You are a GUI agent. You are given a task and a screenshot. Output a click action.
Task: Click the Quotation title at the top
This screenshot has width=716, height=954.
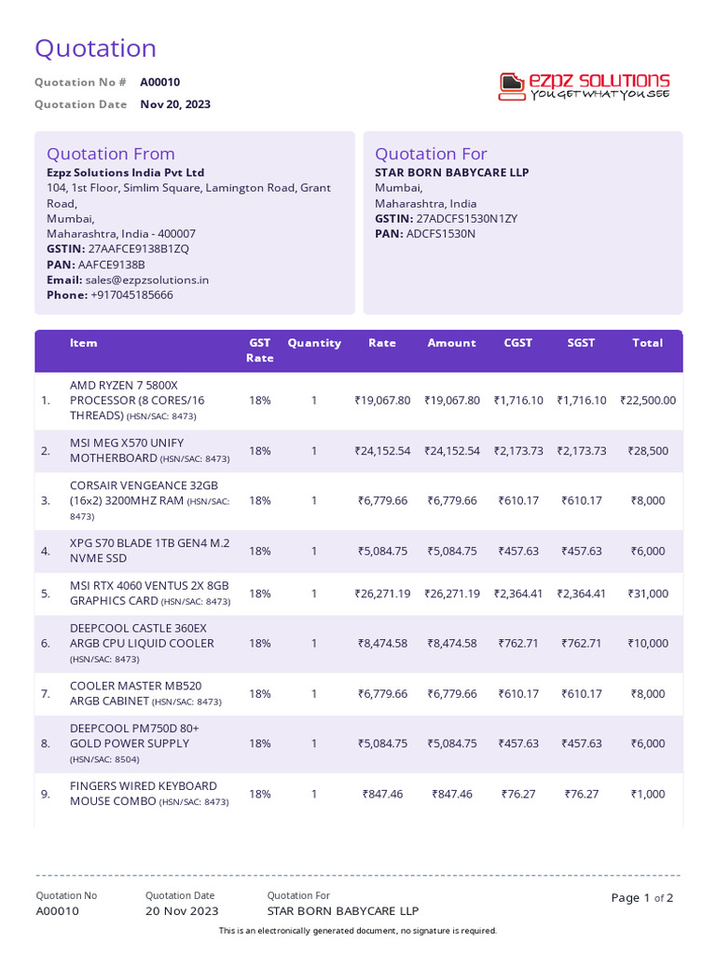pos(95,48)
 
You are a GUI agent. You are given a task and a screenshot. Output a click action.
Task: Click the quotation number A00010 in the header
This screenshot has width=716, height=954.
pos(160,82)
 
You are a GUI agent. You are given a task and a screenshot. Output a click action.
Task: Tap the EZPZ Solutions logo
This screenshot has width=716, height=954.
pos(585,86)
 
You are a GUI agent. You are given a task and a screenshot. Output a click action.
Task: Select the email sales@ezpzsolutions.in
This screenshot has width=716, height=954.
pos(146,279)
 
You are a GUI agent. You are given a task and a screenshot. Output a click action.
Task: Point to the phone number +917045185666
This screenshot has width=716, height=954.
pos(131,294)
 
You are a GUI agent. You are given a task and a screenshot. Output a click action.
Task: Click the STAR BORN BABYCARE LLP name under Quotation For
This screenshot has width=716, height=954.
pos(451,172)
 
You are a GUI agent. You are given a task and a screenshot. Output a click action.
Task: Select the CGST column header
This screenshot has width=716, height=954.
pos(518,343)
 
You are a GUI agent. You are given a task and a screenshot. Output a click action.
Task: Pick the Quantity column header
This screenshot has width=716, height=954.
pos(314,343)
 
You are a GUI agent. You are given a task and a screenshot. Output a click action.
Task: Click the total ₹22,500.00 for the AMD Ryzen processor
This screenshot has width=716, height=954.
pos(648,400)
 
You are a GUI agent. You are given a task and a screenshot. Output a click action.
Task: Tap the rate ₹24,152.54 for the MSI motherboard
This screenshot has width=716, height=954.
pos(382,450)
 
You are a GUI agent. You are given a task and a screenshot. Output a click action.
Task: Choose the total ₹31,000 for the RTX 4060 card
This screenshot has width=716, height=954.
pos(647,593)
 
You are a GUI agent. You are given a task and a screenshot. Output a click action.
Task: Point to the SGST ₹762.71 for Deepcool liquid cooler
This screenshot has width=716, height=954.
pos(581,643)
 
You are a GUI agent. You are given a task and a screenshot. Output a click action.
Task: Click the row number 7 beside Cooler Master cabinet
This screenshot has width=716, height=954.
pos(46,693)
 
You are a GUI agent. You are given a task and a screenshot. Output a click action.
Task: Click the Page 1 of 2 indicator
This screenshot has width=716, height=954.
pos(641,898)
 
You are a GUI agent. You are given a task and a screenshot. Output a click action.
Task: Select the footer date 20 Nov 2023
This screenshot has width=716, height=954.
pos(182,911)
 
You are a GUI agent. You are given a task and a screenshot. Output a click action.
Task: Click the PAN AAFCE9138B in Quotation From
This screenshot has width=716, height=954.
pos(111,264)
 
